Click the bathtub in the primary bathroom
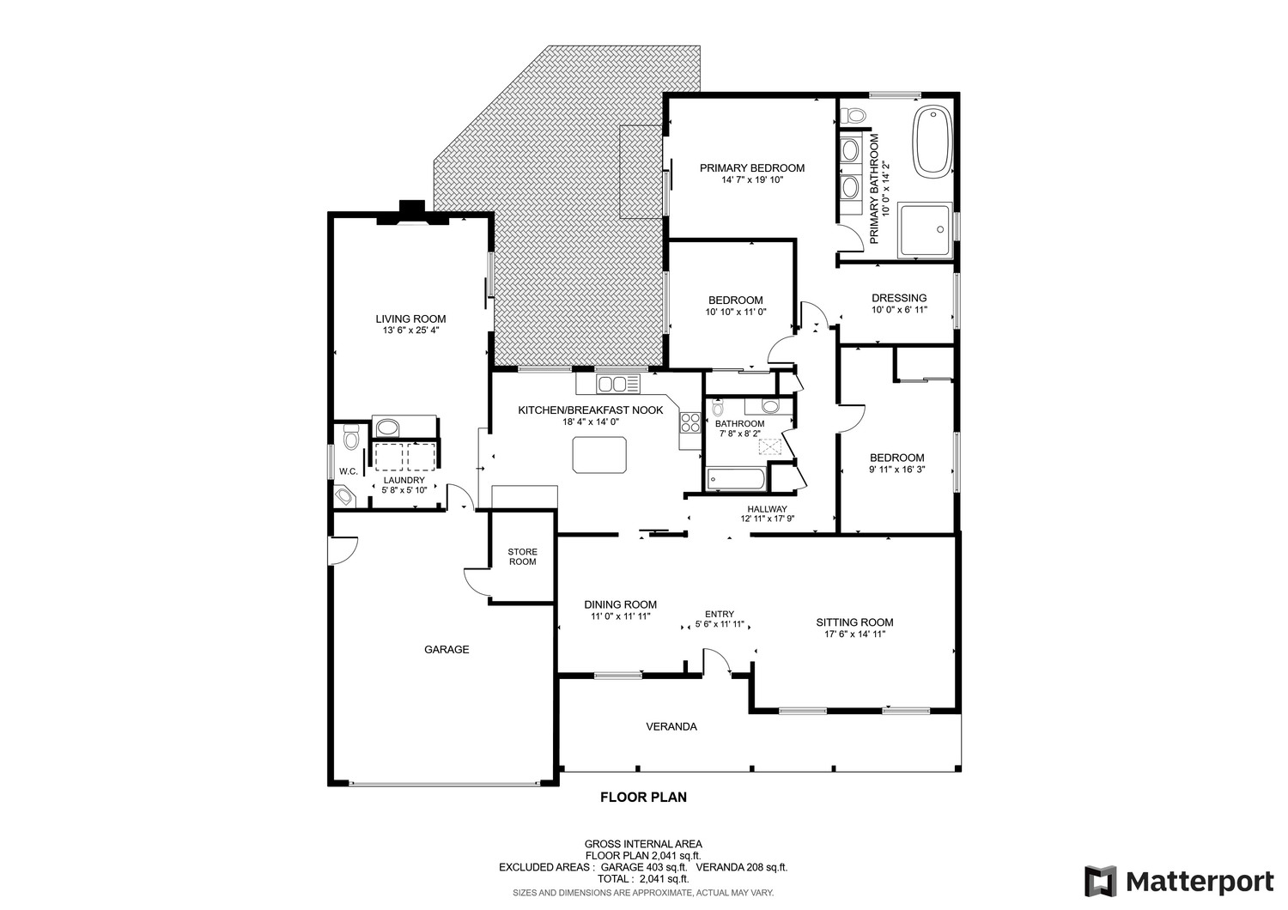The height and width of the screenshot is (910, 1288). [933, 141]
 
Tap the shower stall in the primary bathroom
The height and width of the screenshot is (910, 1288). [925, 229]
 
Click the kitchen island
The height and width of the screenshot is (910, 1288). [599, 455]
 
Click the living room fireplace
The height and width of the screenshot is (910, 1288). [412, 213]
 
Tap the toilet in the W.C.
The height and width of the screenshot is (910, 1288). [350, 437]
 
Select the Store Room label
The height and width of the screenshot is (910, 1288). [522, 556]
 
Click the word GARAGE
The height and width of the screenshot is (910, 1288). [447, 650]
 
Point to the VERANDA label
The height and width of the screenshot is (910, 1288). [671, 726]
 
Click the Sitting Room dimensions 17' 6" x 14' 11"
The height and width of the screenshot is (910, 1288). [854, 634]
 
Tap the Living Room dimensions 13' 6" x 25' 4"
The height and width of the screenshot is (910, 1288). [410, 331]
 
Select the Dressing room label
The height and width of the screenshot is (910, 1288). [899, 298]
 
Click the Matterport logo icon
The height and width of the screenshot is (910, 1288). [1101, 882]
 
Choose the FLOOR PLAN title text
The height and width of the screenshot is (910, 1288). [643, 798]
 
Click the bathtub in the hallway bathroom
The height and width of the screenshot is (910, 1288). [737, 478]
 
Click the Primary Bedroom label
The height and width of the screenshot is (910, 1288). [752, 168]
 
